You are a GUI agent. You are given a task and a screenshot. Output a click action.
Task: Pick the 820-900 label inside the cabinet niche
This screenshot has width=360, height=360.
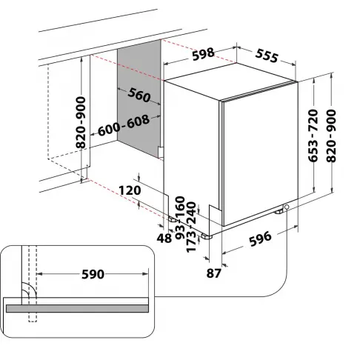pyautogui.click(x=81, y=122)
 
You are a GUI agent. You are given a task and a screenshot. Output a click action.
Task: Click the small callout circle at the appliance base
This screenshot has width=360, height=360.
pyautogui.click(x=285, y=210)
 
